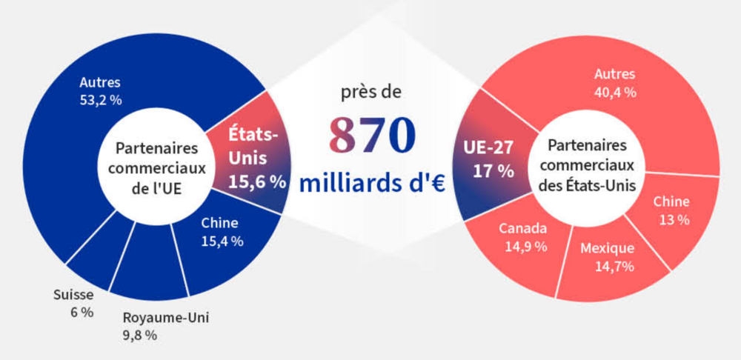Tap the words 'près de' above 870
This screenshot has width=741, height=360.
pyautogui.click(x=370, y=94)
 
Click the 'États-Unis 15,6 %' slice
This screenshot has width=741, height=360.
pyautogui.click(x=247, y=159)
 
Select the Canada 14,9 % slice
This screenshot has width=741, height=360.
pyautogui.click(x=523, y=236)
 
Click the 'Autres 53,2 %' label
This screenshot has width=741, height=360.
pyautogui.click(x=100, y=90)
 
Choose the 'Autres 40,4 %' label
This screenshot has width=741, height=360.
pyautogui.click(x=615, y=82)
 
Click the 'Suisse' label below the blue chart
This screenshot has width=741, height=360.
pyautogui.click(x=73, y=295)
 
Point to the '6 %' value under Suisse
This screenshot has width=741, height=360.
pyautogui.click(x=82, y=312)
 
